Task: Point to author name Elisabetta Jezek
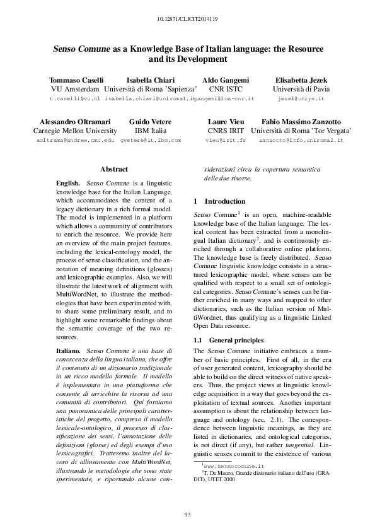(300, 80)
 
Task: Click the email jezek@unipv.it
(300, 100)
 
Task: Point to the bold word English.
(68, 182)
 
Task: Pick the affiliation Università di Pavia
(300, 90)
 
